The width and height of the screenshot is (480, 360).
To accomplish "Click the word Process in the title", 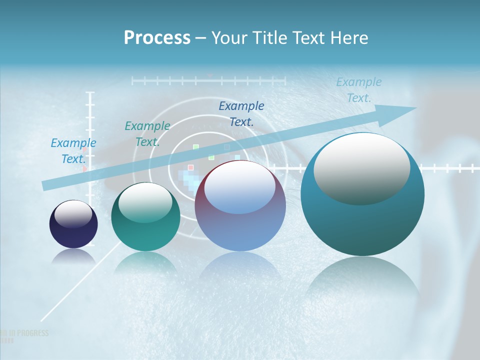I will (157, 37).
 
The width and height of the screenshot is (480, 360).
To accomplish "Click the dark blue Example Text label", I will (241, 113).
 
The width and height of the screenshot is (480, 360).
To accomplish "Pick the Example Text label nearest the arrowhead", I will (358, 90).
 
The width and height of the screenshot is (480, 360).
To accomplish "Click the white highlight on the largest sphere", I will (362, 167).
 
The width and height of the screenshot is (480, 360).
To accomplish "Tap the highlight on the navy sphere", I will (73, 213).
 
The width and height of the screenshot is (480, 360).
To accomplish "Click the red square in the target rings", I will (190, 167).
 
